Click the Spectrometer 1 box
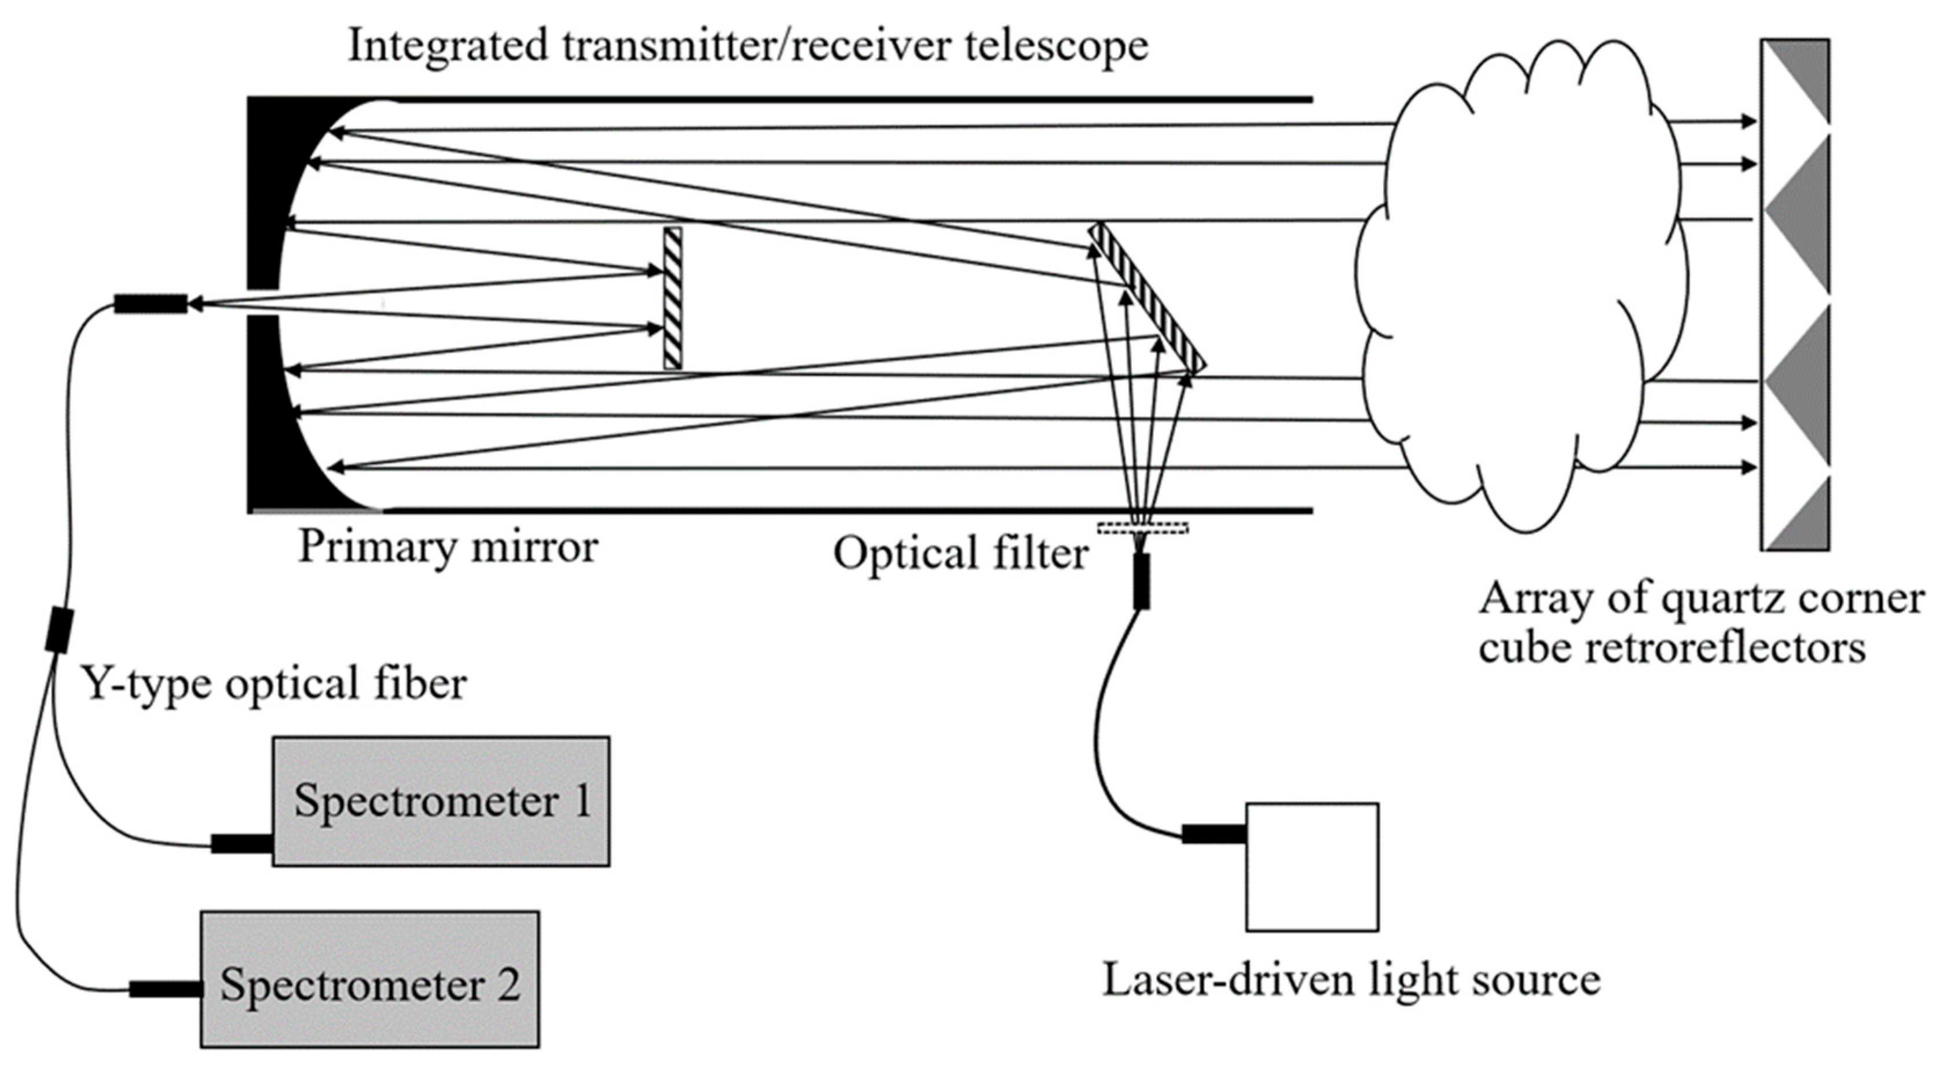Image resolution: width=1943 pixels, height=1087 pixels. point(441,801)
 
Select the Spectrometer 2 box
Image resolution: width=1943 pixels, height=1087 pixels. point(369,979)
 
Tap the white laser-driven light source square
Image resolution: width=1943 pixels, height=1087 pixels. point(1312,867)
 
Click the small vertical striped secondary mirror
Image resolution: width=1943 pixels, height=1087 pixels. point(672,298)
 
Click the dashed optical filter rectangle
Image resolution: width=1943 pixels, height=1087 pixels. point(1143,527)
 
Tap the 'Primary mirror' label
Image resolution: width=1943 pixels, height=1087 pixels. point(448,546)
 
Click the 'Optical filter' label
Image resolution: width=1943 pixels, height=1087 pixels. point(960,553)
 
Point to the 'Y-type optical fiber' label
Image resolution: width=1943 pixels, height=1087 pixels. point(273,683)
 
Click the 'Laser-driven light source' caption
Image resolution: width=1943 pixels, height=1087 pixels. point(1351,980)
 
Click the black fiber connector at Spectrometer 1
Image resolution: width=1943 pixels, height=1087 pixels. point(241,843)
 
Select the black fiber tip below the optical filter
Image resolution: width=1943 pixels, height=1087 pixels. point(1142,581)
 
